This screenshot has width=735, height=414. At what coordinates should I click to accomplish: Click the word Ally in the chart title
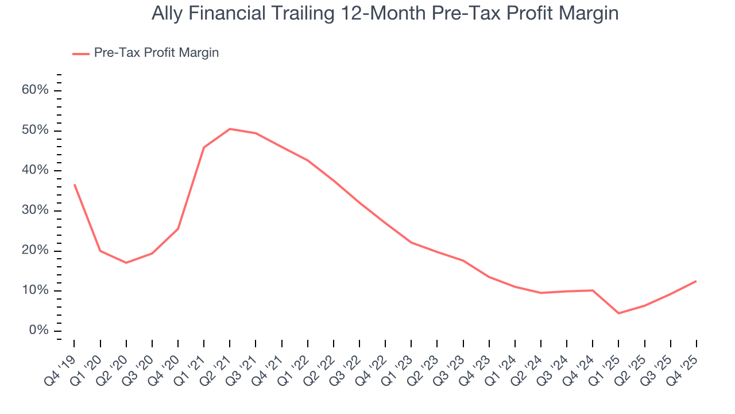coord(165,14)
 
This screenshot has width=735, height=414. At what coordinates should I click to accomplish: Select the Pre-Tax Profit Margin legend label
coord(156,53)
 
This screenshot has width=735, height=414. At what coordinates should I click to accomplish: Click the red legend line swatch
coord(80,53)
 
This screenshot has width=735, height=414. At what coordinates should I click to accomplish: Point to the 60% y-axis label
coord(36,91)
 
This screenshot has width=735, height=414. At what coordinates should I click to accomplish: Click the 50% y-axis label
coord(36,131)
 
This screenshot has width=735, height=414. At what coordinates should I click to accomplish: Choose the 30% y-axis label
coord(36,210)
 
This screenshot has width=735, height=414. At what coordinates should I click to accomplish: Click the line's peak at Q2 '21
coord(230,129)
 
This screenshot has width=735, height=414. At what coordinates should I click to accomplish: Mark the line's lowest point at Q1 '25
coord(618,313)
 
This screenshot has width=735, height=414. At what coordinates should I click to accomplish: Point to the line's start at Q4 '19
coord(75,185)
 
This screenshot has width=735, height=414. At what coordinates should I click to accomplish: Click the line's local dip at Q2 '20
coord(126,263)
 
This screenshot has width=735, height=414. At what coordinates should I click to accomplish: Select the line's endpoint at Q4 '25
coord(696,281)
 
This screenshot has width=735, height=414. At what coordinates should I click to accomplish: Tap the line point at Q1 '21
coord(204,147)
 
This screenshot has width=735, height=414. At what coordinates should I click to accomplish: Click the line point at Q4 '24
coord(593,290)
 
